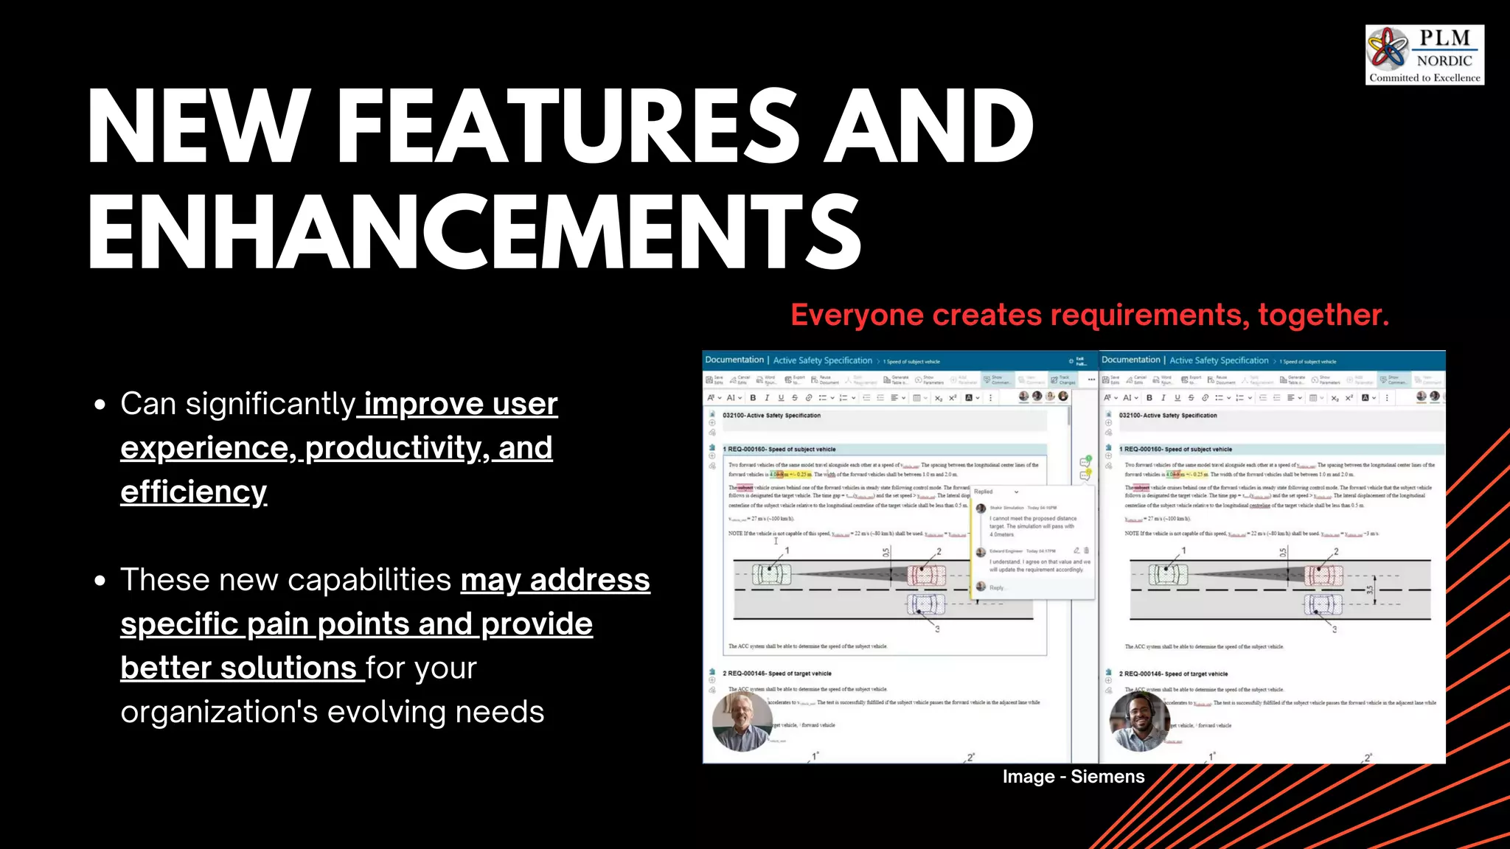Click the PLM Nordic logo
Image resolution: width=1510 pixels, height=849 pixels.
click(1424, 55)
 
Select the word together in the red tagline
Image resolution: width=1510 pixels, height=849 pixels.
click(1323, 315)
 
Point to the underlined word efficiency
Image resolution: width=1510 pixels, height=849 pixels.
click(194, 492)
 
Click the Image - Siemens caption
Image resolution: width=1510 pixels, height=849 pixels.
click(1074, 777)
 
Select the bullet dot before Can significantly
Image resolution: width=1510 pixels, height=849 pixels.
click(101, 405)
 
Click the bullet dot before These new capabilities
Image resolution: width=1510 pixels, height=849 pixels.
click(101, 581)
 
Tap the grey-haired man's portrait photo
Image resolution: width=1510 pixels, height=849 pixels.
click(742, 721)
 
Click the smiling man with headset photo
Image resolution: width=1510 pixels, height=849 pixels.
click(1139, 721)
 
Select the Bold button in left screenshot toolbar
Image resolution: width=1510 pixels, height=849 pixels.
click(753, 398)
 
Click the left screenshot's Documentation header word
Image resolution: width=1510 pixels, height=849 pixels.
click(734, 360)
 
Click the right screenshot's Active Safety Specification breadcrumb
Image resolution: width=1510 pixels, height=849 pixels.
click(1219, 361)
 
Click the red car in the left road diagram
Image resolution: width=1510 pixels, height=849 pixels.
click(926, 575)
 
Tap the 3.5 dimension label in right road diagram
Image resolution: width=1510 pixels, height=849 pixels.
click(1370, 590)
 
